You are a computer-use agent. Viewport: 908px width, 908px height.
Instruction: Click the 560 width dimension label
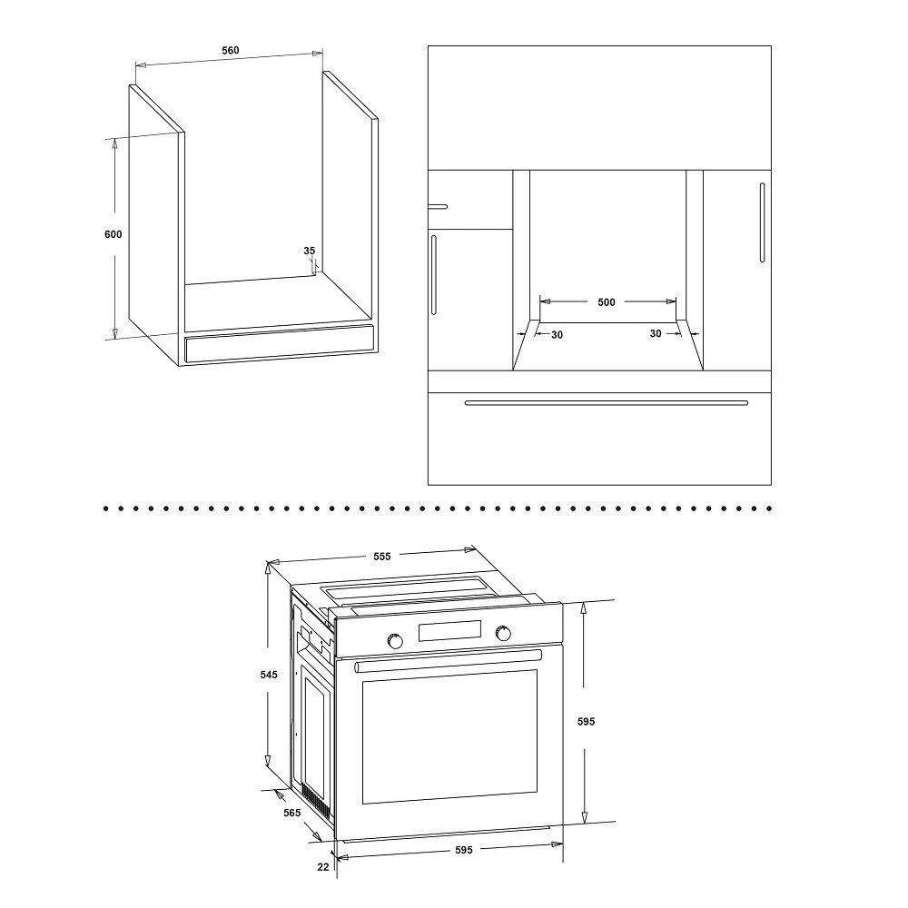click(231, 50)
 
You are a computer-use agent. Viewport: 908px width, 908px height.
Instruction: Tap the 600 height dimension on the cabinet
click(113, 234)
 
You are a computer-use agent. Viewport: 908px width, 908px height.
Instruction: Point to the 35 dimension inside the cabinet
click(310, 251)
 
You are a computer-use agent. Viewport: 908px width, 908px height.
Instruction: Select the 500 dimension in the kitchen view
click(607, 302)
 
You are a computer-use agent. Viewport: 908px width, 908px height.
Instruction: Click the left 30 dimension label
click(558, 335)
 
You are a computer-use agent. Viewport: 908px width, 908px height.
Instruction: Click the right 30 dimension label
click(656, 333)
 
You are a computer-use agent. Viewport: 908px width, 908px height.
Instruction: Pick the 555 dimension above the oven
click(382, 557)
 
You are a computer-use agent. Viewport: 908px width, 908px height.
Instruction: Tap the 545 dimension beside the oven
click(269, 675)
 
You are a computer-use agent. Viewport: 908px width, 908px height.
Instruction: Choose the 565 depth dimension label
click(291, 813)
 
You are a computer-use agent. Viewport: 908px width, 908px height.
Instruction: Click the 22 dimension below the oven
click(323, 867)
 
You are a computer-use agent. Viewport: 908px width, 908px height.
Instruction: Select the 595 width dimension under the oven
click(464, 850)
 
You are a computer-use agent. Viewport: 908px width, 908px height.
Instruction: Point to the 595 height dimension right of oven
click(586, 722)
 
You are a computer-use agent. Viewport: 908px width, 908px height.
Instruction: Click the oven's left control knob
click(396, 641)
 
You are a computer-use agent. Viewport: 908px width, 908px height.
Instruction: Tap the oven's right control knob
click(503, 633)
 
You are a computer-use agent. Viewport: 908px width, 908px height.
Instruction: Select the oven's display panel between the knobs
click(450, 631)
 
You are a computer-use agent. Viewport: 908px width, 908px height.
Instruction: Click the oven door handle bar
click(449, 661)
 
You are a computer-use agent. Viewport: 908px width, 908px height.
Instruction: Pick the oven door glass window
click(450, 737)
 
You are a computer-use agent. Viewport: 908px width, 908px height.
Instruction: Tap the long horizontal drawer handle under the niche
click(607, 403)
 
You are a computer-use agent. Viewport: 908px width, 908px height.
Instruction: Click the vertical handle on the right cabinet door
click(762, 223)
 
